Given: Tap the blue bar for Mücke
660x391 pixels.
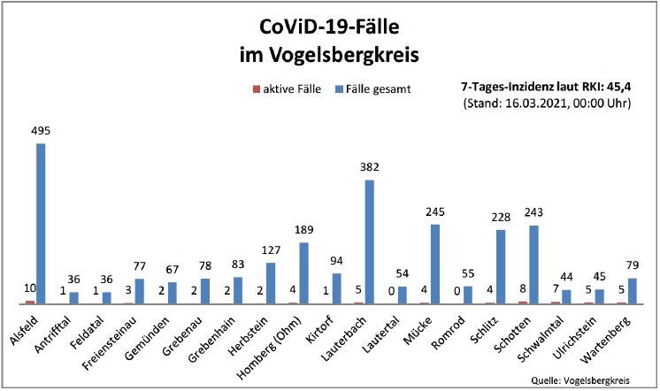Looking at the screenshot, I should (x=434, y=264).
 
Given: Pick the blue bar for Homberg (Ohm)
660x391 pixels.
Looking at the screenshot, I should (x=303, y=273).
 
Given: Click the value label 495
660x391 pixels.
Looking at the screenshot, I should (x=41, y=131).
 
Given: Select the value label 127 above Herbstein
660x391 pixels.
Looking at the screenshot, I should (x=271, y=250).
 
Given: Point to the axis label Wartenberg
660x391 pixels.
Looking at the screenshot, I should (x=611, y=333).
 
